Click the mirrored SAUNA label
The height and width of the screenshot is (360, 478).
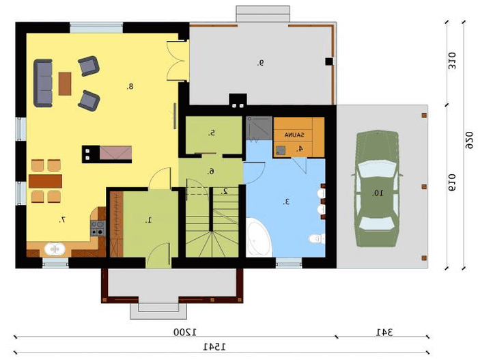coord(294,135)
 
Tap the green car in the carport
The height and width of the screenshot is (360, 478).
coord(378,189)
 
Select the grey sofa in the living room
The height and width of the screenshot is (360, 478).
coord(43,83)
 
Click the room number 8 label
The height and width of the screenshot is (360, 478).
coord(130,87)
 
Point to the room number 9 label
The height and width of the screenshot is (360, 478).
coord(260,63)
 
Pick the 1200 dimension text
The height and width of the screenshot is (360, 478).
coord(185,332)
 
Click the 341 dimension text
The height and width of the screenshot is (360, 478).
coord(384,332)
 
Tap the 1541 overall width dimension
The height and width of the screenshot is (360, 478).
coord(214,347)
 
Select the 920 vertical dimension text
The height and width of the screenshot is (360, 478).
coord(469,140)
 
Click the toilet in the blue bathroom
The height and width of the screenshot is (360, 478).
coord(317,238)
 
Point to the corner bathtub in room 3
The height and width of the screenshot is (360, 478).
coord(259,237)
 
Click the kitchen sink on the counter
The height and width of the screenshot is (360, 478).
coord(55,249)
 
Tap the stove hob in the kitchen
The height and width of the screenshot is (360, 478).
coord(98,228)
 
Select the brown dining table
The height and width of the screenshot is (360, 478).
coord(46,181)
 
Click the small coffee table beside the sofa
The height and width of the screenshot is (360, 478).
coord(65,83)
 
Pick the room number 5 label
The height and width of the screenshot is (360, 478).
coord(212,133)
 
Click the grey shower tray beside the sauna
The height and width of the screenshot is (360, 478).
coord(259,128)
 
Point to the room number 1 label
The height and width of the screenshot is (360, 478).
coord(149,220)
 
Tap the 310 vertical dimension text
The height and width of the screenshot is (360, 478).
coord(452,61)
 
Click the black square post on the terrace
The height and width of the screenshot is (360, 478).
coord(329,61)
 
